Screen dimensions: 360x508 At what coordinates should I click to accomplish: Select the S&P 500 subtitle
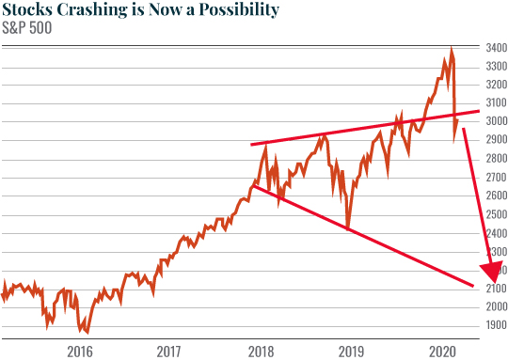28,27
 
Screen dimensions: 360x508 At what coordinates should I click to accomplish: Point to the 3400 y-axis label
494,47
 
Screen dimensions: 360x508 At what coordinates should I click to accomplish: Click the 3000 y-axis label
494,121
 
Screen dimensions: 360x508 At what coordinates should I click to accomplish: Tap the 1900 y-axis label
494,325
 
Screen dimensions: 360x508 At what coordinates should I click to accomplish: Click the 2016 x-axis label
80,351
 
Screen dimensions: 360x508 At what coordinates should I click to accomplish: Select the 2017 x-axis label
170,351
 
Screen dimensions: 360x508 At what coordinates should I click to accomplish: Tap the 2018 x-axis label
261,351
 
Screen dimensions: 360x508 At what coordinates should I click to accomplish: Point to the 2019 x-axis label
352,351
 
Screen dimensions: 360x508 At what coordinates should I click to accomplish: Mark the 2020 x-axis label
442,351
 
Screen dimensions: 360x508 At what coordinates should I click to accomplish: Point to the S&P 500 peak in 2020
452,49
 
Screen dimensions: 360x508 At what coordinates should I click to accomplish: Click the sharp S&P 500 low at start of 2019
348,227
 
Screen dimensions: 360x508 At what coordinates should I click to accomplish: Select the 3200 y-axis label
494,84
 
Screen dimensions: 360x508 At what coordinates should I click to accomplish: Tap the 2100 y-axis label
494,289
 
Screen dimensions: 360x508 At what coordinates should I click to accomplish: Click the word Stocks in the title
29,10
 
